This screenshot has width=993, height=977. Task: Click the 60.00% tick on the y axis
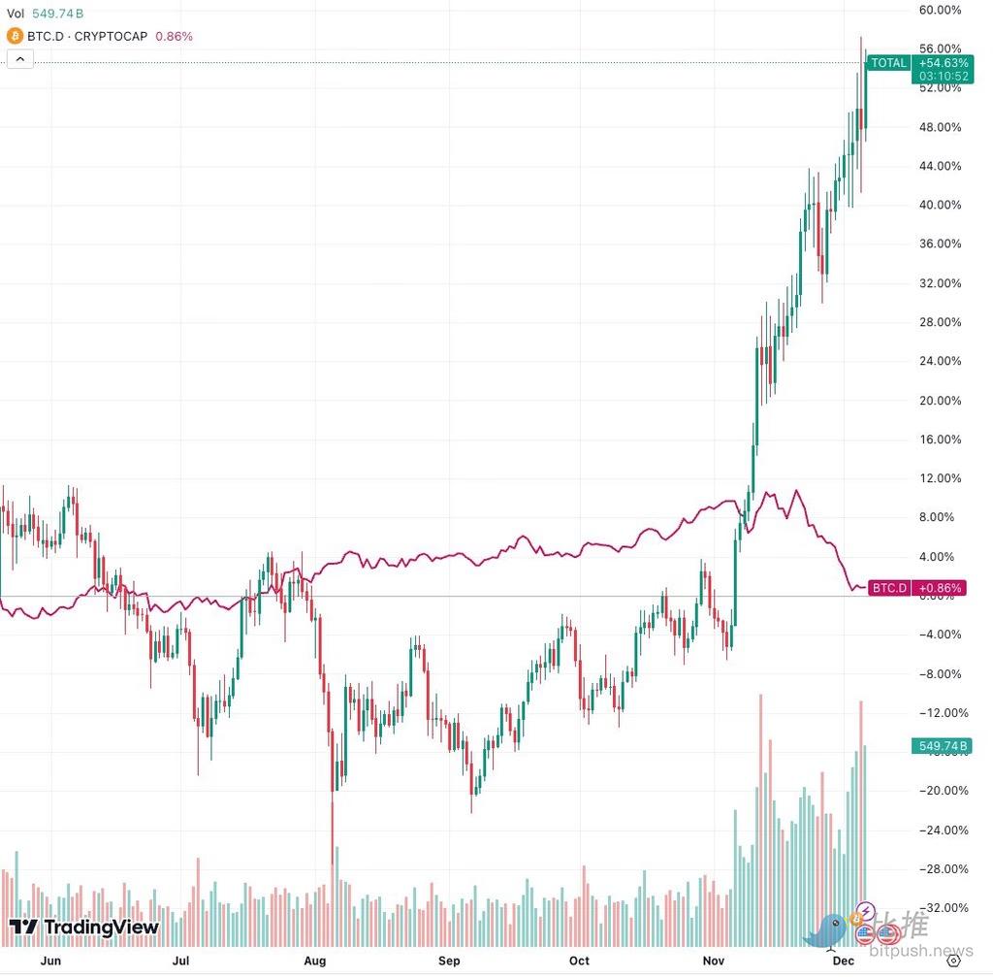pos(939,10)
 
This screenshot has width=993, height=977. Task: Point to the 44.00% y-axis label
pos(939,166)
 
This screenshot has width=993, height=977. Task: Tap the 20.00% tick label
pos(939,401)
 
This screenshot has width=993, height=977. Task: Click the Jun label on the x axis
pos(52,961)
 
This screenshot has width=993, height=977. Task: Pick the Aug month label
pos(314,961)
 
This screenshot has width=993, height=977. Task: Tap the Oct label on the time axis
pos(579,961)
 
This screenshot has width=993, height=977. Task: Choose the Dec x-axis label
pos(843,961)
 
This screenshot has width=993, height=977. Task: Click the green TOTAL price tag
pos(889,63)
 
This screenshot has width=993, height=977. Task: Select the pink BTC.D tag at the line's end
pos(889,588)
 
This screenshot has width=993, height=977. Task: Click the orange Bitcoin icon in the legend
pos(15,36)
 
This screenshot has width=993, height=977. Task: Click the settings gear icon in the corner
pos(963,960)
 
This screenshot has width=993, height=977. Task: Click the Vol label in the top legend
pos(16,14)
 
